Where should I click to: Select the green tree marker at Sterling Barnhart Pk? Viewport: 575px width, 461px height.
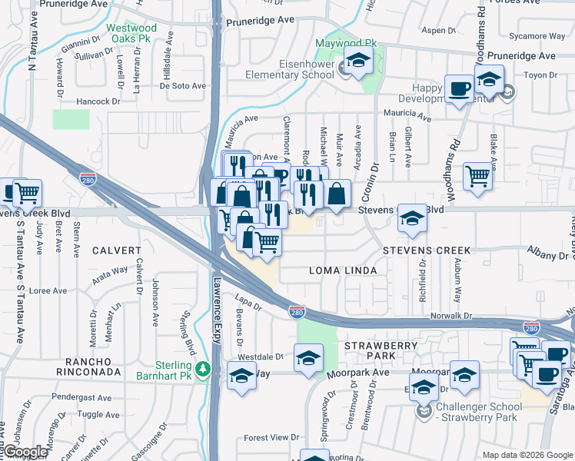[x=203, y=368]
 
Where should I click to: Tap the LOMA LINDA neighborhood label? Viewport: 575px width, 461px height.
[x=343, y=270]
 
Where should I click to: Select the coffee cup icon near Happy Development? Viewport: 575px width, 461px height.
[x=460, y=88]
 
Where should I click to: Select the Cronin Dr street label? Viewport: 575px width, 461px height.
[x=374, y=177]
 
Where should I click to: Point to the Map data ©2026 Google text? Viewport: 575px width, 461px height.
[x=527, y=455]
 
